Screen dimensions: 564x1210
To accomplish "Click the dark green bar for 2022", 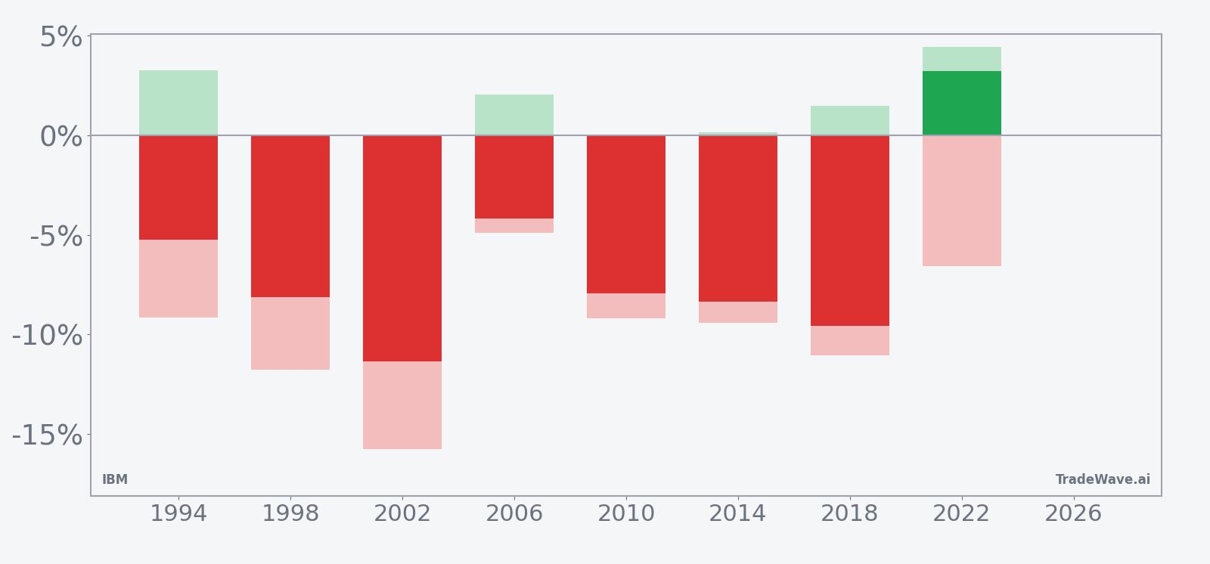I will click(961, 104).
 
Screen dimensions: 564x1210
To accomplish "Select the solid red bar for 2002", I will click(402, 248).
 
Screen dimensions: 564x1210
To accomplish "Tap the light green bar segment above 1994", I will click(178, 103).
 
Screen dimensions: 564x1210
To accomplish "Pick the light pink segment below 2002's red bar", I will click(402, 405).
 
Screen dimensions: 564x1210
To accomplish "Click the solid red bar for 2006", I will click(513, 177).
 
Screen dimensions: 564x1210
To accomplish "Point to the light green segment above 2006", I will click(513, 115).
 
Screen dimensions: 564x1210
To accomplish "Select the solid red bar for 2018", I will click(849, 231).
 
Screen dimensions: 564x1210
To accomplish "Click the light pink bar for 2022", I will click(961, 201).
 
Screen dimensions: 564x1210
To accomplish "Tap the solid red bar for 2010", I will click(625, 215).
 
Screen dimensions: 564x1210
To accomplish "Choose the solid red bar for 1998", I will click(290, 216).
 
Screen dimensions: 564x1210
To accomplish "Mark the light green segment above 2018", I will click(849, 120).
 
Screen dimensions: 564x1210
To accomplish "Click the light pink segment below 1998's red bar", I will click(290, 333).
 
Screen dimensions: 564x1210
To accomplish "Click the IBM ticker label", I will click(115, 479).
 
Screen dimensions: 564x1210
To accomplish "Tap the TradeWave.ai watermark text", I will click(1103, 479).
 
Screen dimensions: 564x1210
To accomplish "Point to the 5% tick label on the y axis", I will click(60, 37).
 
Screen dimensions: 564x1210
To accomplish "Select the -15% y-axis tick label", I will click(47, 435).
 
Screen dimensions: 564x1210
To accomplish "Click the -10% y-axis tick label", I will click(47, 336).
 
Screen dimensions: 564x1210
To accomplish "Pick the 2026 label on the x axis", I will click(1073, 514).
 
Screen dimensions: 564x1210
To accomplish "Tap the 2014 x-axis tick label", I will click(737, 514).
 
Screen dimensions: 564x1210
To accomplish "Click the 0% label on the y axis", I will click(60, 137).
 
